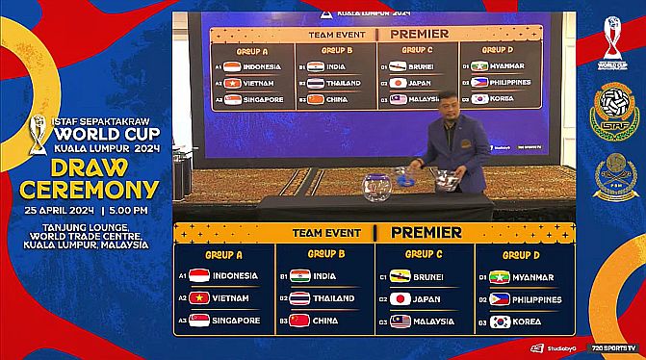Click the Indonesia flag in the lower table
pyautogui.click(x=199, y=275)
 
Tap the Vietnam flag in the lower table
pyautogui.click(x=199, y=298)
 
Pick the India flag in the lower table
pyautogui.click(x=299, y=275)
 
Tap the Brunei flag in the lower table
pyautogui.click(x=400, y=275)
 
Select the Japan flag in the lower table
pyautogui.click(x=400, y=298)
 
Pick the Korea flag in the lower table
pyautogui.click(x=500, y=321)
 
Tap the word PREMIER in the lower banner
pyautogui.click(x=426, y=232)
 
